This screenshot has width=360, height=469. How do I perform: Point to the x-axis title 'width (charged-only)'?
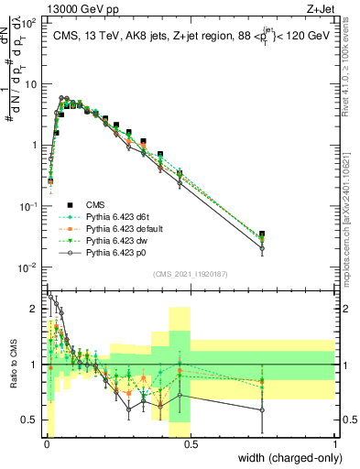pos(284,458)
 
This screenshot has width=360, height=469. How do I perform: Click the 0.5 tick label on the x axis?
pos(191,445)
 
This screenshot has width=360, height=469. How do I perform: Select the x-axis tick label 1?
pos(335,445)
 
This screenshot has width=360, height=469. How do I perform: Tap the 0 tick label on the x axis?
pos(46,445)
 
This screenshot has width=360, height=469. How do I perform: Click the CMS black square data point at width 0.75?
pos(263,234)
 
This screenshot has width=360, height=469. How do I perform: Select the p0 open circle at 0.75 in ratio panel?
pos(263,409)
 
